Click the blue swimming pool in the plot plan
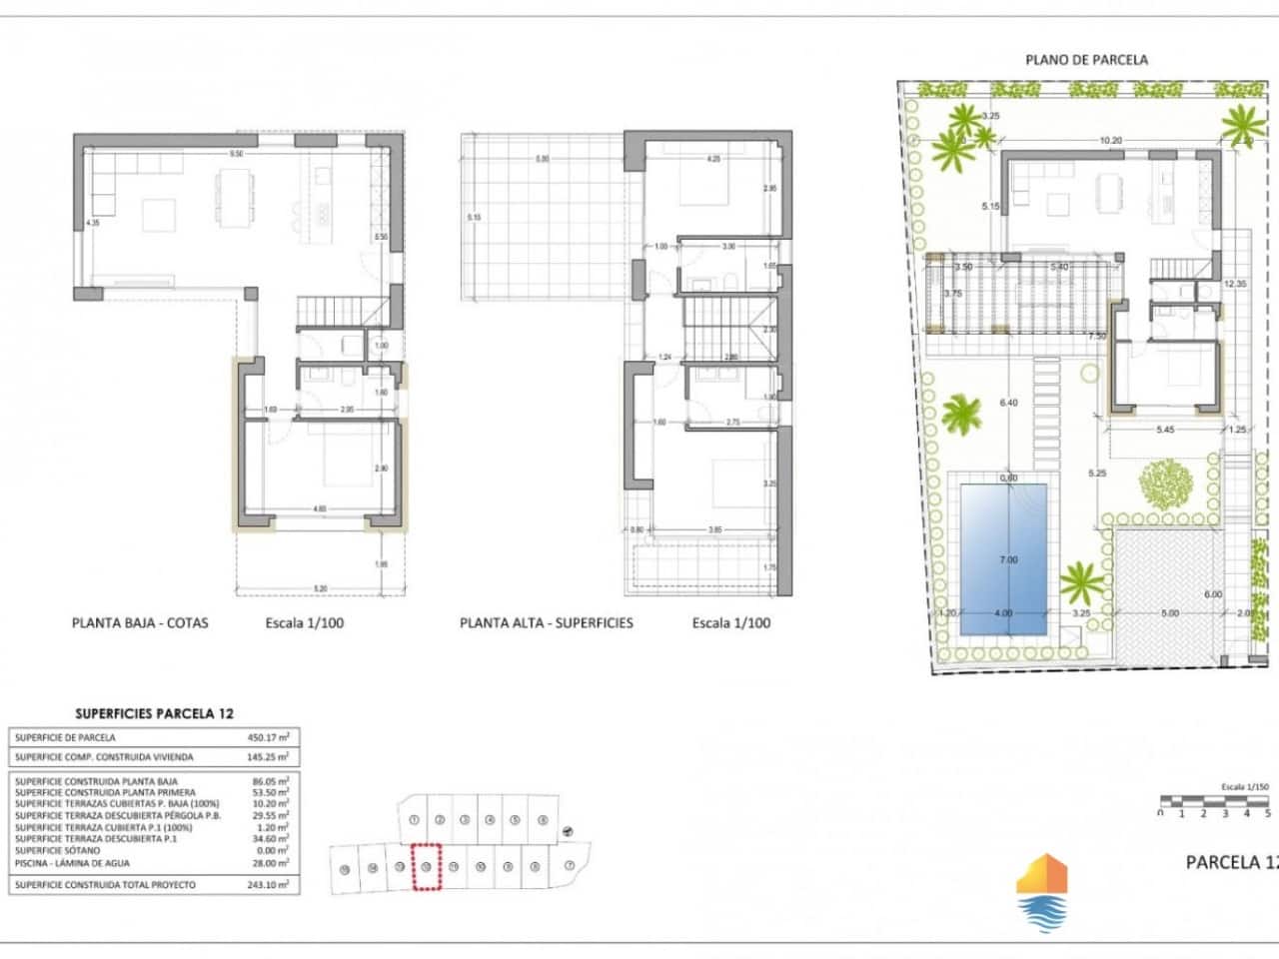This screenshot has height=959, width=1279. [x=1003, y=559]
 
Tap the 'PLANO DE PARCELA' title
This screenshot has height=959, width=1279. [x=1086, y=60]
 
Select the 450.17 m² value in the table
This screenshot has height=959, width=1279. [x=267, y=737]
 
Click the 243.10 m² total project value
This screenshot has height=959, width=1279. [x=267, y=885]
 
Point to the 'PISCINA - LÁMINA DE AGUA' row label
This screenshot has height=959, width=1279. [x=72, y=863]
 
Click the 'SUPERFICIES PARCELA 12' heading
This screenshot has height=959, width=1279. [x=154, y=713]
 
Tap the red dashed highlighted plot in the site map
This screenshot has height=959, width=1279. [x=427, y=867]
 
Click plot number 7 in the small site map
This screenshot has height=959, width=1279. [x=569, y=865]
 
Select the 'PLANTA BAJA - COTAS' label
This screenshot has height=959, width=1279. [x=140, y=622]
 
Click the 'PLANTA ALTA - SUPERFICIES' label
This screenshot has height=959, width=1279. [x=546, y=622]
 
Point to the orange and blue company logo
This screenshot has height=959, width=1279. [x=1041, y=892]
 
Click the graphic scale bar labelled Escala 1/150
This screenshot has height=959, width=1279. [x=1214, y=800]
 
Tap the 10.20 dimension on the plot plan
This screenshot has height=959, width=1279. [x=1110, y=141]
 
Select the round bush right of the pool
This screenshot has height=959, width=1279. [x=1165, y=481]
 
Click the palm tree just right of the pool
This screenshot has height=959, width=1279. [x=1081, y=582]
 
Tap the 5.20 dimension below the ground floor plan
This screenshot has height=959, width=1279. [x=320, y=588]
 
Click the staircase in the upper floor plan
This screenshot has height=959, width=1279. [x=729, y=329]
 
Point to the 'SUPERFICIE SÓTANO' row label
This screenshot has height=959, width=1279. [x=58, y=851]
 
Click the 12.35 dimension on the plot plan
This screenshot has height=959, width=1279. [x=1235, y=285]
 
